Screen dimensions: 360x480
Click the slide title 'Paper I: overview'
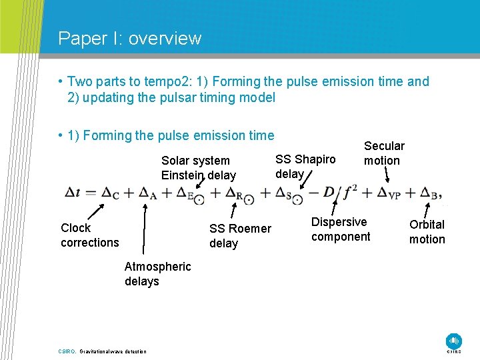tap(129, 38)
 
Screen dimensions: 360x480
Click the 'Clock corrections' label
tap(89, 235)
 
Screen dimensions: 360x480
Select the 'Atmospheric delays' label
tap(157, 274)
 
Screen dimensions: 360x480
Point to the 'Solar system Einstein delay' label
tap(199, 167)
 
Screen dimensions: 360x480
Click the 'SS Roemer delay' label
tap(240, 235)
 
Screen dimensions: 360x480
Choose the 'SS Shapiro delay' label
tap(305, 166)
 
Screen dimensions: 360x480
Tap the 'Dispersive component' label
tap(340, 229)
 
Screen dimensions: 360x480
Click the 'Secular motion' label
tap(383, 153)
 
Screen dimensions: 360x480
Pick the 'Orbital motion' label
tap(427, 232)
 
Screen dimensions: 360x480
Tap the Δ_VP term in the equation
tap(389, 193)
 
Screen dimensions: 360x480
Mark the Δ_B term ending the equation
tap(430, 193)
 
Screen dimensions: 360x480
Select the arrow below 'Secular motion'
tap(389, 175)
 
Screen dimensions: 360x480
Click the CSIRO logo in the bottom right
tap(453, 341)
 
